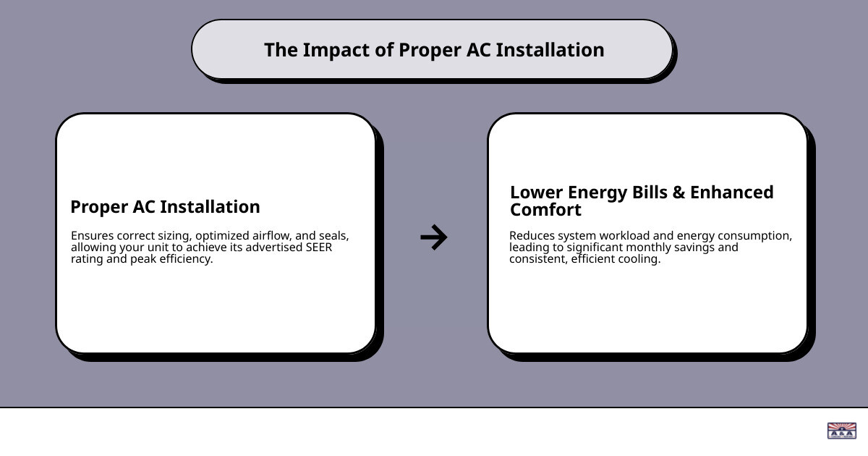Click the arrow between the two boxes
[x=434, y=237]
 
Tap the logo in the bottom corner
[x=841, y=431]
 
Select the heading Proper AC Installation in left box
[x=165, y=207]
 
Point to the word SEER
[x=318, y=248]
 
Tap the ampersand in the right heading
[x=678, y=193]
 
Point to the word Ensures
[x=93, y=236]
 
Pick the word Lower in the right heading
[x=536, y=193]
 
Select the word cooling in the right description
[x=640, y=259]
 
